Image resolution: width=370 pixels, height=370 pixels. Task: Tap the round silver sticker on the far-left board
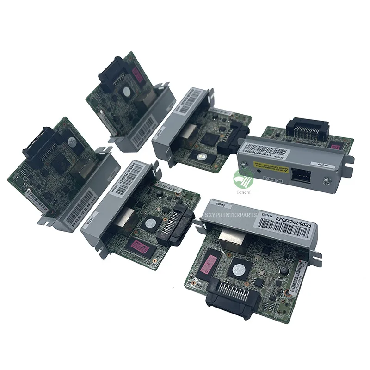(72, 142)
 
